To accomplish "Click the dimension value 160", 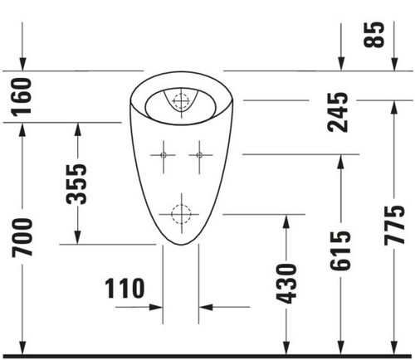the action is pos(22,96).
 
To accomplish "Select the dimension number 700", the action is pos(22,237).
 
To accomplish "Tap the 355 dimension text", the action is pos(77,184).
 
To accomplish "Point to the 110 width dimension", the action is pos(124,288).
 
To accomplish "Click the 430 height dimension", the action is pos(286,284).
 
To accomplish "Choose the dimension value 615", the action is pos(340,251).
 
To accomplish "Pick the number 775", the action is pos(394,226).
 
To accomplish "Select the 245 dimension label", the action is pos(338,112).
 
